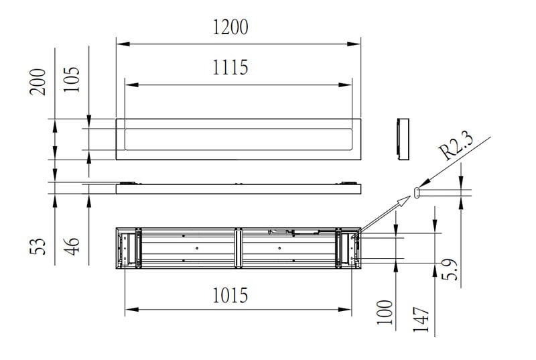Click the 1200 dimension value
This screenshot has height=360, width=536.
click(230, 27)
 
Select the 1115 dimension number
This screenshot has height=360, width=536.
click(230, 67)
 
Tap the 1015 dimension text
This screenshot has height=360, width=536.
click(230, 296)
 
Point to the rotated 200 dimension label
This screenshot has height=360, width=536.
click(38, 82)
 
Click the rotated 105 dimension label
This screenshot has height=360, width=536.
click(72, 79)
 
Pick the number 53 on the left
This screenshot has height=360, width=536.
click(38, 246)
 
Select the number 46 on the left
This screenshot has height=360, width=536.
click(72, 246)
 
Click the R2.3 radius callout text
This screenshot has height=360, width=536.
click(457, 146)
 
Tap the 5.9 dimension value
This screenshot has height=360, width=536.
click(449, 269)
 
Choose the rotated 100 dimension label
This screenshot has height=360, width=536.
click(385, 312)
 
